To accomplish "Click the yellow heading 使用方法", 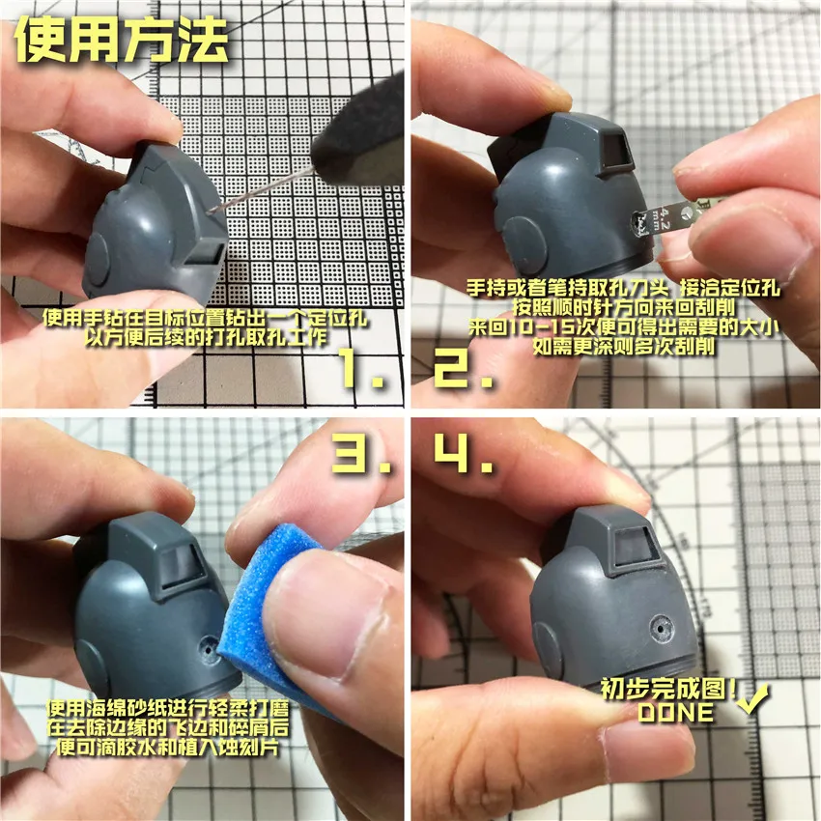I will click(122, 42).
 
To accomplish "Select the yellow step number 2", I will click(464, 368).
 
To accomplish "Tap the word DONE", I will click(675, 714).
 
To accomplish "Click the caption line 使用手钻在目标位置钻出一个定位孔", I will click(208, 320).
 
